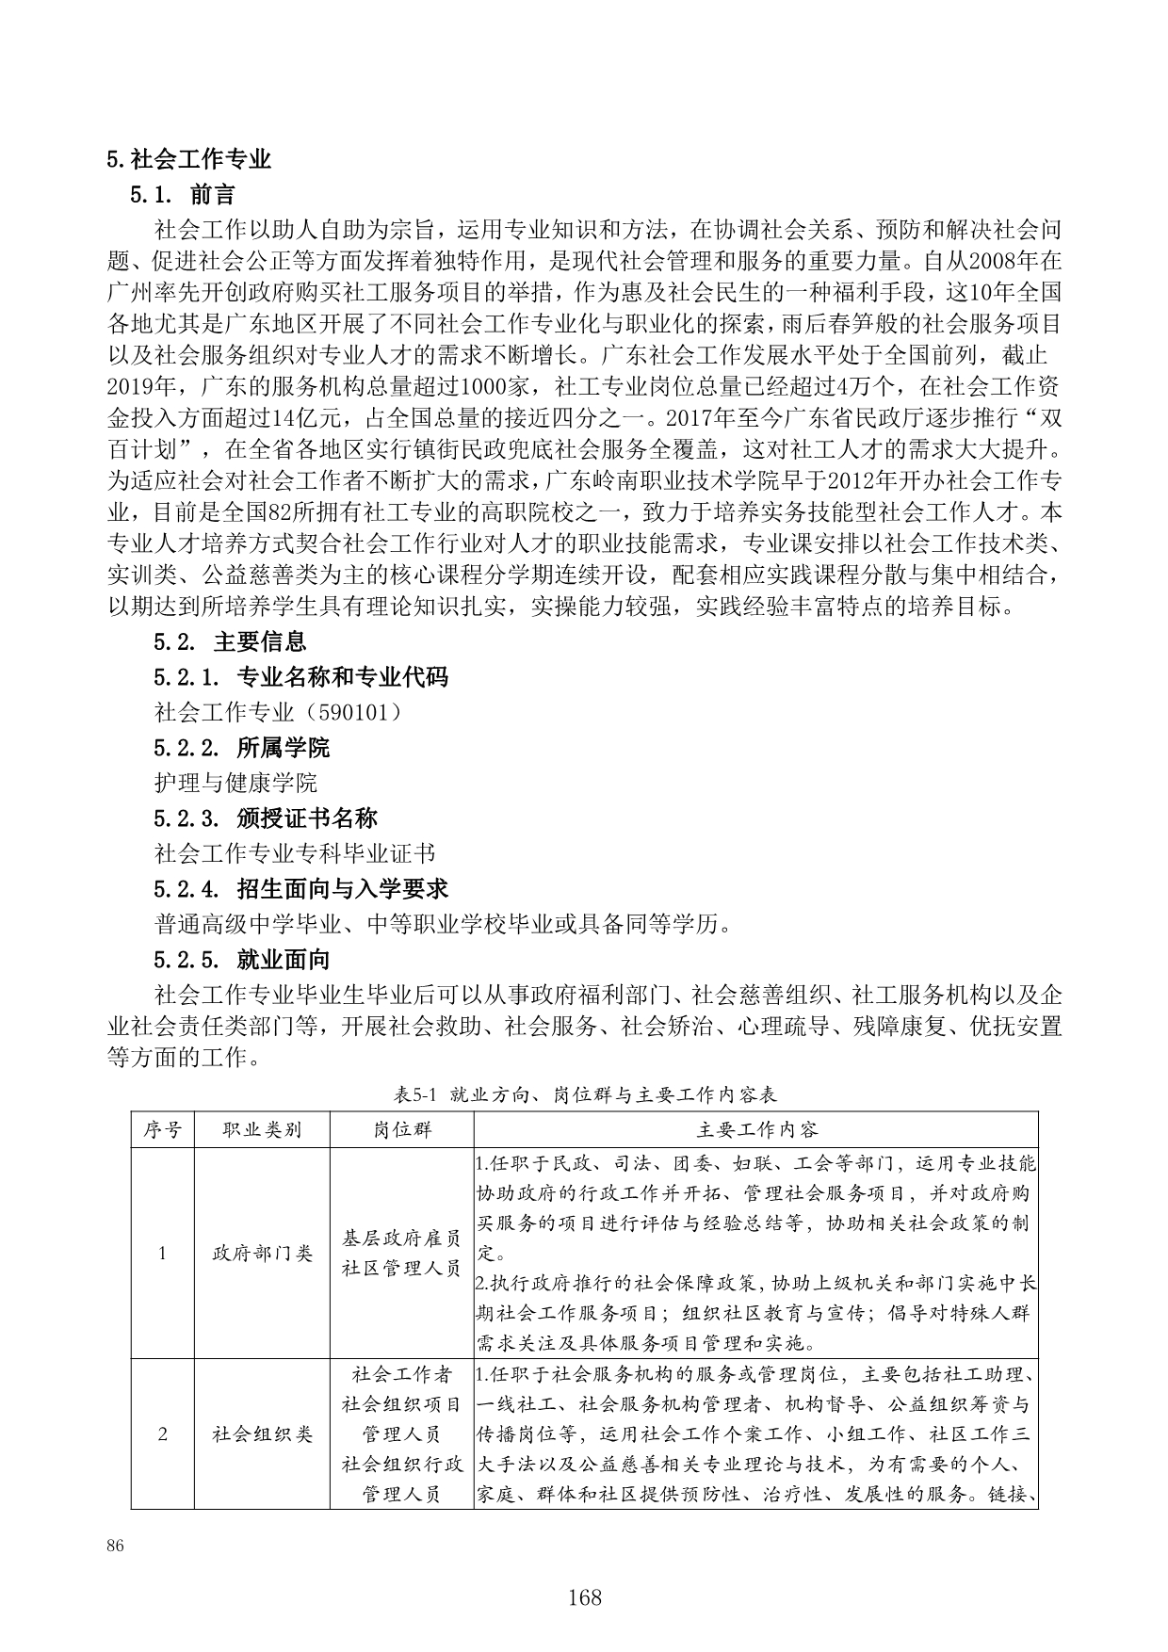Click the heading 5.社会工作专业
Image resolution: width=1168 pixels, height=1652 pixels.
click(189, 159)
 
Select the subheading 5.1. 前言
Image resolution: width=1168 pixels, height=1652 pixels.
click(183, 195)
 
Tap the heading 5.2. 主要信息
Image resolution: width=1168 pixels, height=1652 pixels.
click(230, 642)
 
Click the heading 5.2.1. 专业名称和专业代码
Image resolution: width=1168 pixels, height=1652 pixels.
click(300, 677)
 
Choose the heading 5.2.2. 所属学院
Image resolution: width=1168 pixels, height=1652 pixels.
click(241, 748)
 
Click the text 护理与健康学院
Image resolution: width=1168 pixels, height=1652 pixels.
click(235, 783)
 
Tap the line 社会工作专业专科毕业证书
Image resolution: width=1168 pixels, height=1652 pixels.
click(295, 853)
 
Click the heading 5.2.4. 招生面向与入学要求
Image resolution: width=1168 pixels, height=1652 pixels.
click(300, 888)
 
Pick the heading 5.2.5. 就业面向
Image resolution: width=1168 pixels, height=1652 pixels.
click(241, 960)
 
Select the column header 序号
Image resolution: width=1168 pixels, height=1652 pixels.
click(162, 1129)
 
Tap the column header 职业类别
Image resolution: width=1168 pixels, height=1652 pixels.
click(262, 1129)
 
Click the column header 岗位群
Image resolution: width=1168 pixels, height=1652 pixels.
click(402, 1129)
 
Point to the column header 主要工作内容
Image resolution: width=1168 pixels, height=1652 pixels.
click(756, 1129)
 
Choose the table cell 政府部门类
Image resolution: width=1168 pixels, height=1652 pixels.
click(262, 1254)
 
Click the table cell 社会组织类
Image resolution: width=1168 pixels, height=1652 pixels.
click(262, 1434)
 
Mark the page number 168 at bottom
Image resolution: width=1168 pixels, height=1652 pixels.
click(584, 1597)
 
